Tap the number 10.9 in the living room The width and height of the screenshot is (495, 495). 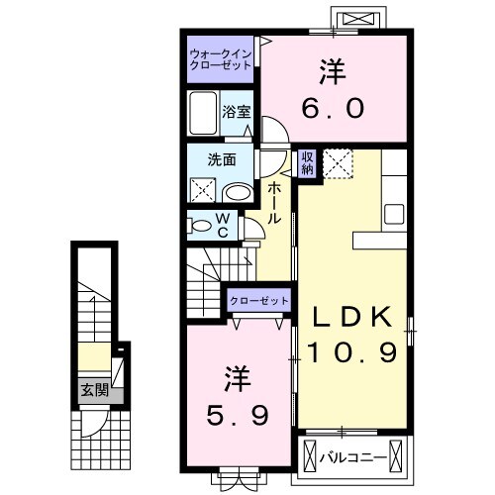coord(353,350)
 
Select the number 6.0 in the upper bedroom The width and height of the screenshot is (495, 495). coord(333,107)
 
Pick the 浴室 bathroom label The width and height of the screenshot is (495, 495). coord(236,111)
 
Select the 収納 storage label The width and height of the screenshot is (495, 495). coord(308,161)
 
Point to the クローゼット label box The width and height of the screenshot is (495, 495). coord(259,299)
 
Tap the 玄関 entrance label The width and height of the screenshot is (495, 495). coord(96,388)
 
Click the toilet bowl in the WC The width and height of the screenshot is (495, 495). coord(201,226)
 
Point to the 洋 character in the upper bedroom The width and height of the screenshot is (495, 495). coord(333,72)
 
